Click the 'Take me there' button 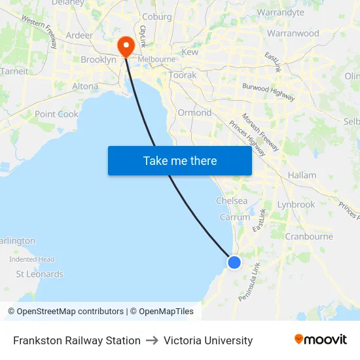pos(180,160)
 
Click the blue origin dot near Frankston pos(234,262)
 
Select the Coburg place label pos(156,17)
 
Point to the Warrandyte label pos(281,12)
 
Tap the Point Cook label pos(56,114)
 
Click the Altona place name pos(85,86)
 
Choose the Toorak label pos(183,75)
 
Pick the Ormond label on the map pos(194,113)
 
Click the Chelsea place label pos(232,201)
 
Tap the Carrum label pos(235,217)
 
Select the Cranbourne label pos(309,236)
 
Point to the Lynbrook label pos(296,204)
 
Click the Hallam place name pos(302,175)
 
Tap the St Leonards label pos(40,274)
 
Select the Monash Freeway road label pos(261,132)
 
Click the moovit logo pos(321,340)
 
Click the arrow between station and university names pos(152,340)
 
